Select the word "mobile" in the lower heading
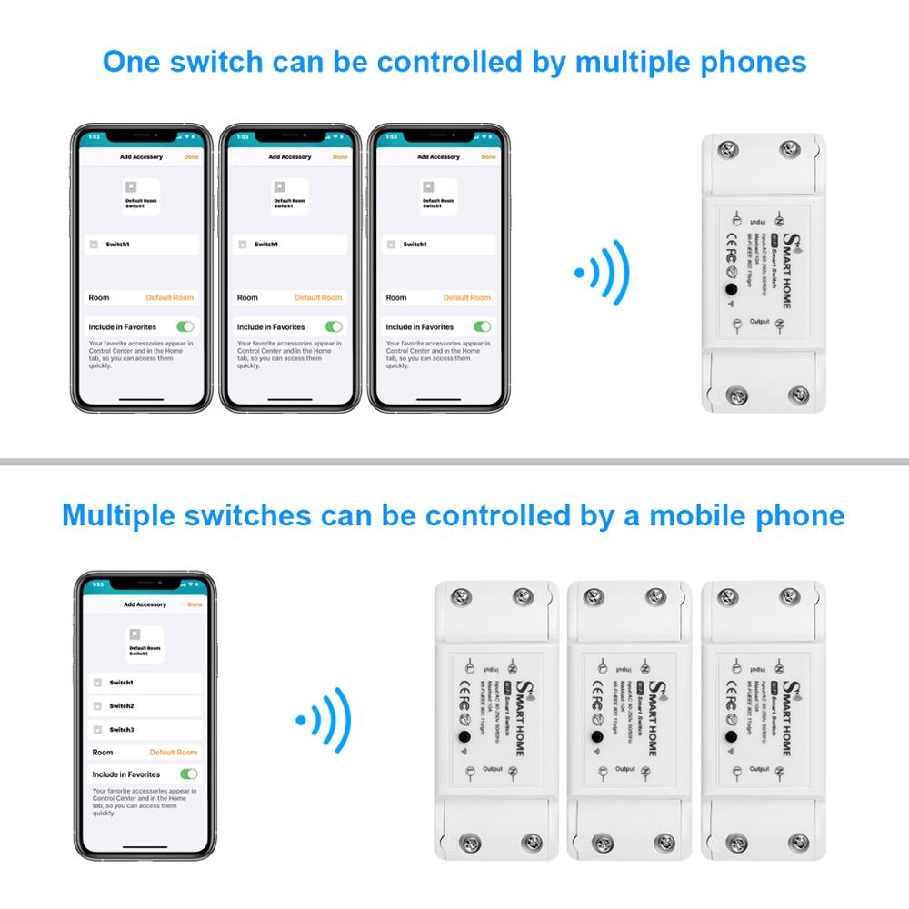(690, 515)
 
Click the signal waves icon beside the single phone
(324, 720)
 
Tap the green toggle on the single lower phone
(188, 774)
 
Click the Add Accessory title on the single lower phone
(145, 604)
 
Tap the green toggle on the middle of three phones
(334, 326)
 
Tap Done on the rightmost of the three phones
(488, 157)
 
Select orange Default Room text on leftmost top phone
(170, 297)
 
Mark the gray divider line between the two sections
(454, 462)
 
